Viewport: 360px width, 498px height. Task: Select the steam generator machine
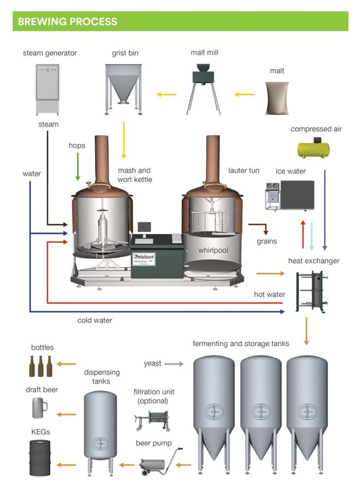coord(47,88)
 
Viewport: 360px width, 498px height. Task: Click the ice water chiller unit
coord(290,196)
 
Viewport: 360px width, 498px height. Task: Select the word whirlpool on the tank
coord(213,250)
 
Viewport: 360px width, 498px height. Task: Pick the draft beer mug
coord(38,408)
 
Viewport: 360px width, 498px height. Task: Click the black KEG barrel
coord(40,454)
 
